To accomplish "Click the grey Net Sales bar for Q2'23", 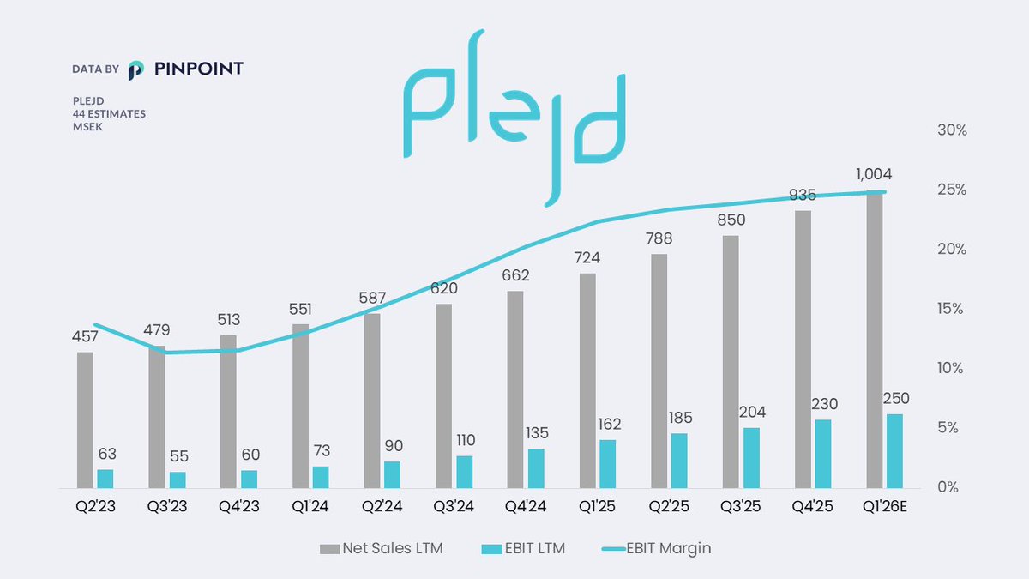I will pyautogui.click(x=85, y=419).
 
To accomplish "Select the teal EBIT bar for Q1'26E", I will pyautogui.click(x=894, y=451).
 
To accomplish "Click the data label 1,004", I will pyautogui.click(x=874, y=174).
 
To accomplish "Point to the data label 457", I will pyautogui.click(x=85, y=336).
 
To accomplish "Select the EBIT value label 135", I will pyautogui.click(x=536, y=432).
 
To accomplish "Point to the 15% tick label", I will pyautogui.click(x=950, y=309).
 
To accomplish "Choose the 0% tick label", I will pyautogui.click(x=954, y=487).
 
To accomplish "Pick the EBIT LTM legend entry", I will pyautogui.click(x=527, y=548).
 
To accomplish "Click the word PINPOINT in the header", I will pyautogui.click(x=199, y=69).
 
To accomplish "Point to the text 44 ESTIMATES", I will pyautogui.click(x=109, y=113).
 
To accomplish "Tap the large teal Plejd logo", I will pyautogui.click(x=514, y=116).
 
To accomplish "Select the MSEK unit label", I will pyautogui.click(x=88, y=126).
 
